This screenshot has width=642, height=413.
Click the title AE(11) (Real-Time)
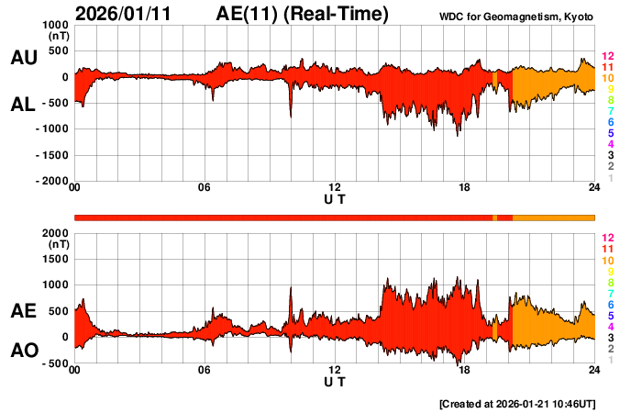(303, 14)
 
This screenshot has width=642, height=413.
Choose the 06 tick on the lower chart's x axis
(205, 370)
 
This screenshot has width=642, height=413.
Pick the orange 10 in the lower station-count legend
(607, 261)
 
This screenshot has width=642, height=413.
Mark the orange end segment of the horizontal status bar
(553, 218)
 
